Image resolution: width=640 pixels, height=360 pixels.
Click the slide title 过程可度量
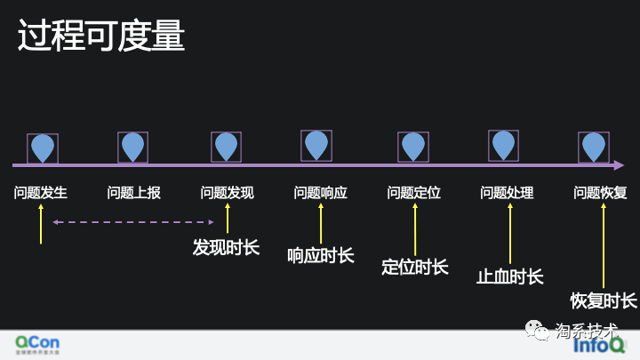click(101, 37)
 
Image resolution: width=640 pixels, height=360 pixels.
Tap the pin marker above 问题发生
click(43, 148)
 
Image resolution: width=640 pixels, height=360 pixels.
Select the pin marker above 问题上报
click(132, 147)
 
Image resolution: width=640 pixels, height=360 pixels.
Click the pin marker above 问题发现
click(226, 147)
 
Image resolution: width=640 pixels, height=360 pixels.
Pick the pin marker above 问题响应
click(316, 145)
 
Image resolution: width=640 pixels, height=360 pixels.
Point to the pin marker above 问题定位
click(412, 147)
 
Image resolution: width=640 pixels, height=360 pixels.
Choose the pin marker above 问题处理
click(503, 145)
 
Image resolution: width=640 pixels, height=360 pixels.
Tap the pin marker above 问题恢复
click(593, 147)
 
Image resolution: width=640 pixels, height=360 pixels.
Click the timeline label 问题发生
click(41, 193)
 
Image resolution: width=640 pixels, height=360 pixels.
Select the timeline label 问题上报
click(133, 193)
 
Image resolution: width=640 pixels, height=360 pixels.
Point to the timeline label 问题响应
click(320, 193)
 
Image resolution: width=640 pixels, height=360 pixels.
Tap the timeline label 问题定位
click(413, 193)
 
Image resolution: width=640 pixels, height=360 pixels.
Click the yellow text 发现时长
click(226, 247)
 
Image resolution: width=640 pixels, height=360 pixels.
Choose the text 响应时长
click(320, 256)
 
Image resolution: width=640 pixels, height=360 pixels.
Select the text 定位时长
click(414, 267)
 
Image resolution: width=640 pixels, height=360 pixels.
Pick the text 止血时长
click(509, 276)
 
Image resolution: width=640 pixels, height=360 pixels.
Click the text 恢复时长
click(604, 300)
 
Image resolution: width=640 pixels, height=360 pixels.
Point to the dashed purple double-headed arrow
click(133, 222)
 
